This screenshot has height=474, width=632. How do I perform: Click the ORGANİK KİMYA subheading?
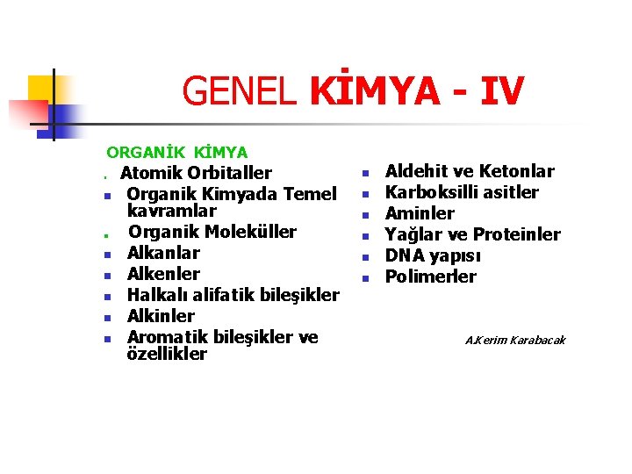coord(177,153)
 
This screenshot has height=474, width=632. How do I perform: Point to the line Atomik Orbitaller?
coord(196,173)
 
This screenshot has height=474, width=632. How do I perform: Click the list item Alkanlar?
coord(163,253)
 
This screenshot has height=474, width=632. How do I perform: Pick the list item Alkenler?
coord(163,274)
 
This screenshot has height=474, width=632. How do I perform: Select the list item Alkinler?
coord(161,316)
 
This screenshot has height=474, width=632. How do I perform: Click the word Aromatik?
coord(167,337)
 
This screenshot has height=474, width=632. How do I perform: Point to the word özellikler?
coord(167,354)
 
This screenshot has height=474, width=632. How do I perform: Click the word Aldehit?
coord(414,171)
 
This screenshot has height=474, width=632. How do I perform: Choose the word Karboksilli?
coord(431,192)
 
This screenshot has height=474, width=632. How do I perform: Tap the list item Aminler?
coord(420,213)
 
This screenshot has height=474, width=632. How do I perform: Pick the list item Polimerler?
coord(431,276)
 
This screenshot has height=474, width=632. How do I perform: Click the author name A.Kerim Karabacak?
coord(515,340)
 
